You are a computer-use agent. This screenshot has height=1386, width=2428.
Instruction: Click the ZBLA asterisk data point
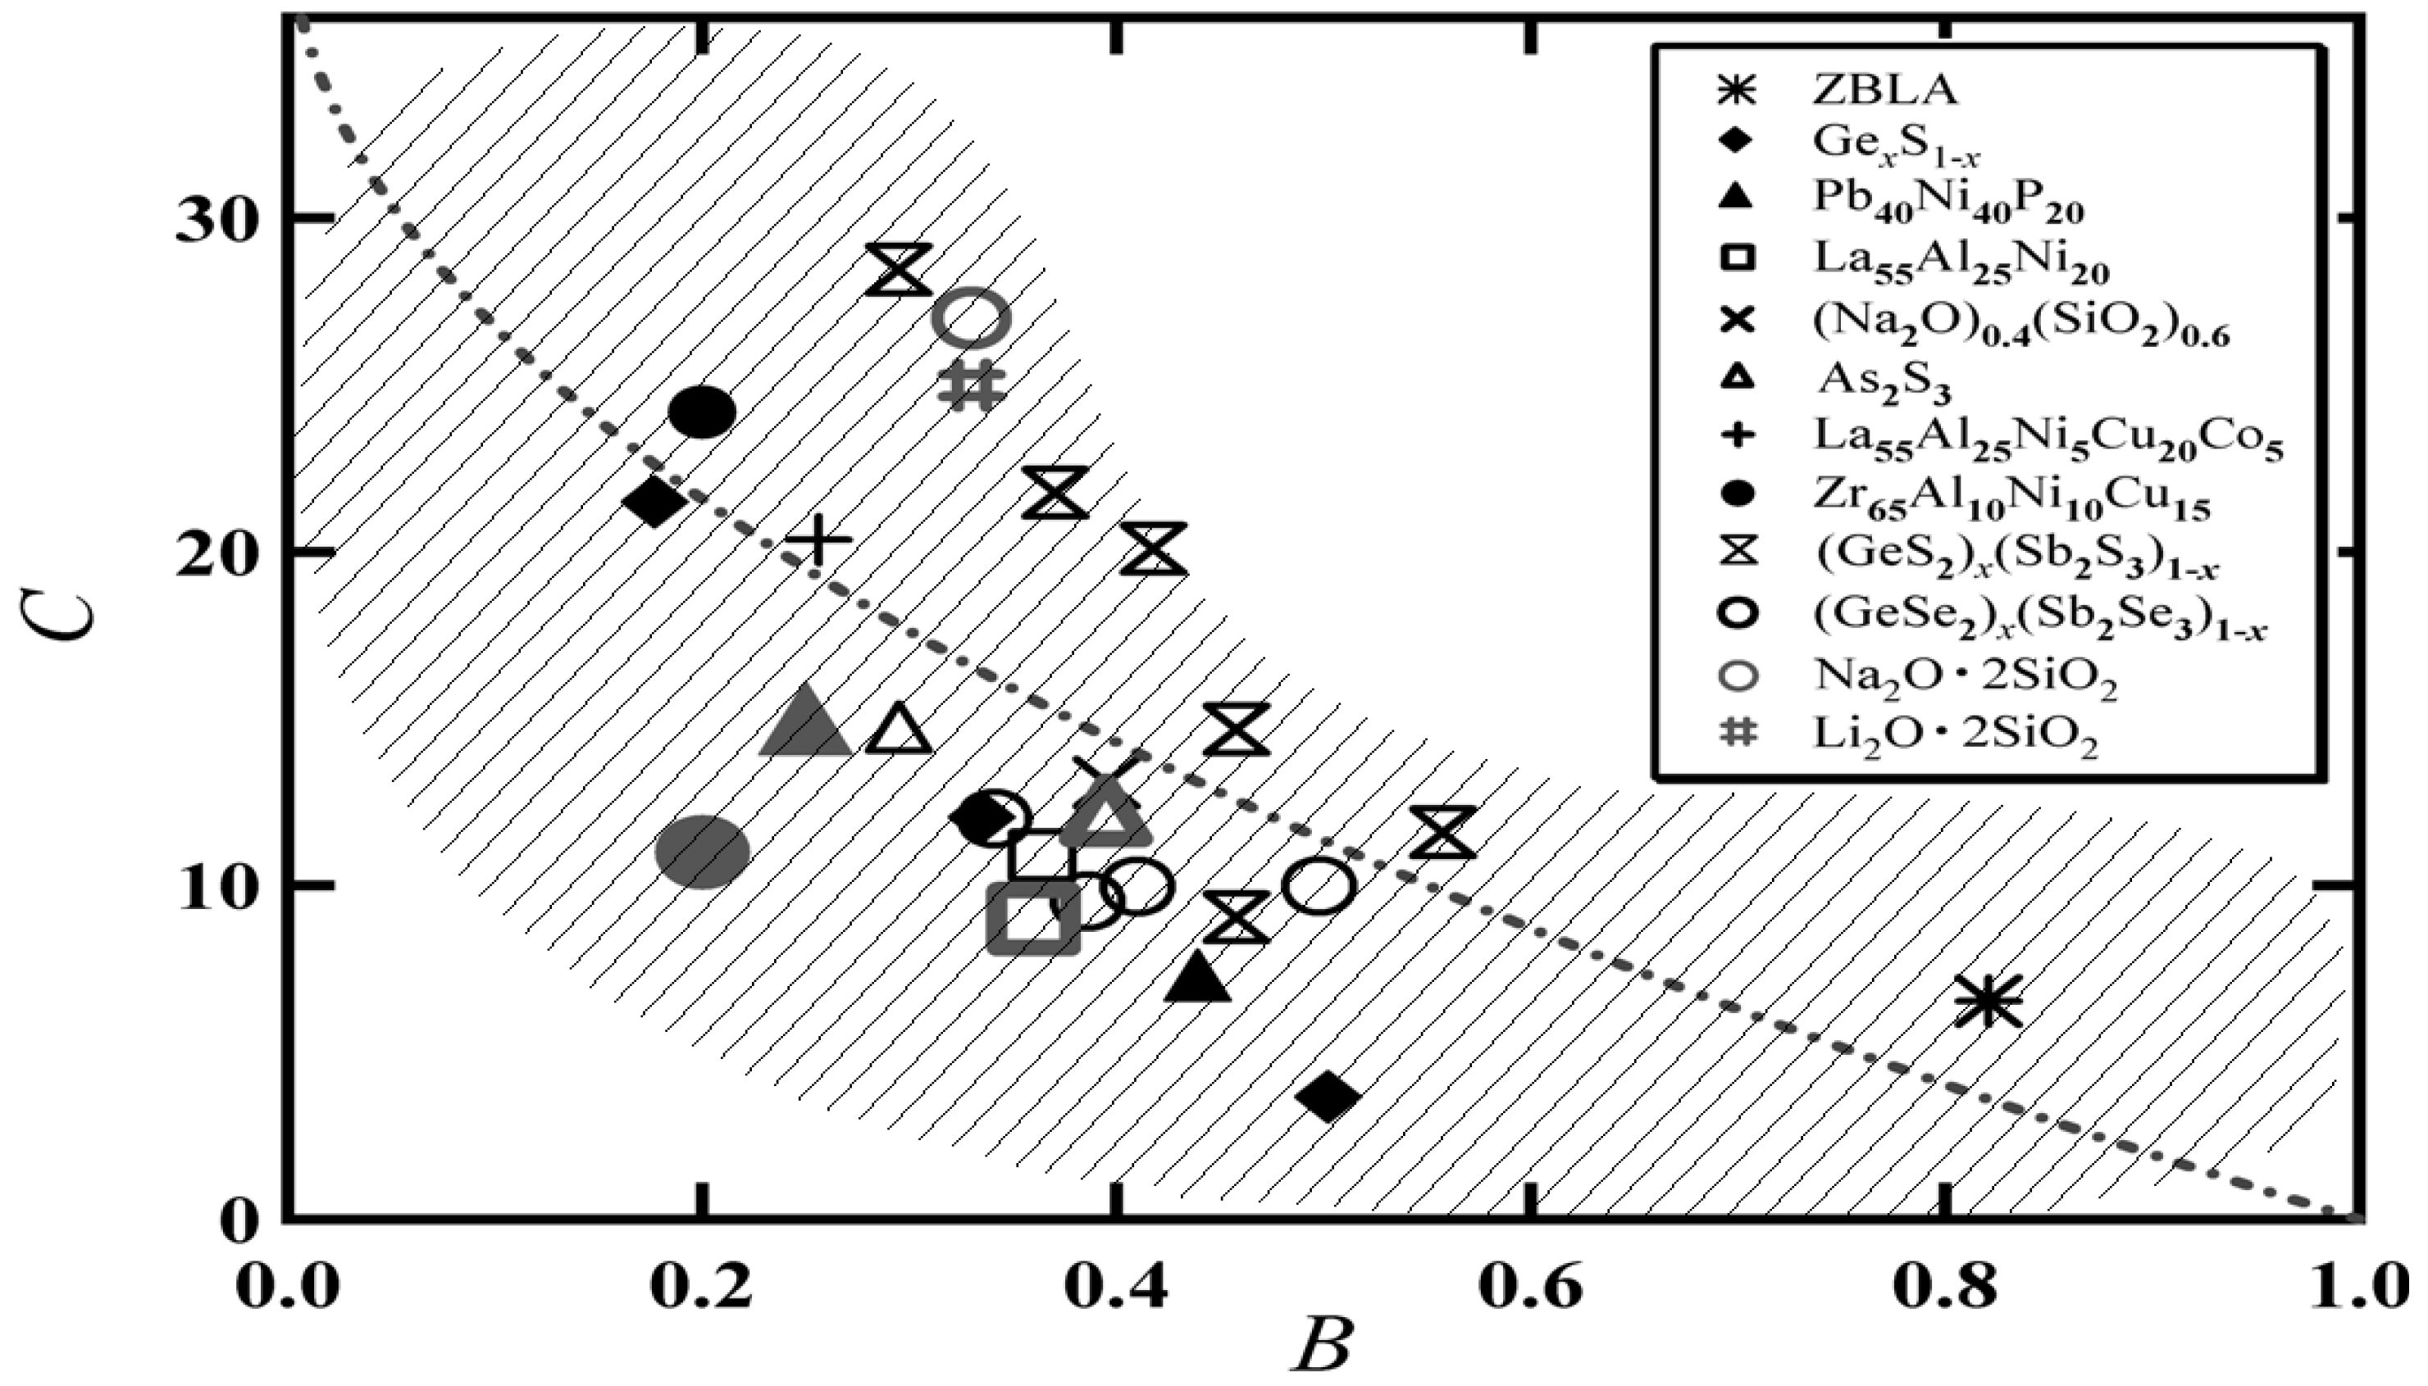(1987, 1002)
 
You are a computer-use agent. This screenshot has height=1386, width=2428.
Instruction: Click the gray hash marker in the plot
(971, 385)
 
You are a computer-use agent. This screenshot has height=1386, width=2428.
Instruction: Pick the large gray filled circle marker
(703, 850)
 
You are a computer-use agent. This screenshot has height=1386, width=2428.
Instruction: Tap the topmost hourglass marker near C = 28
(898, 270)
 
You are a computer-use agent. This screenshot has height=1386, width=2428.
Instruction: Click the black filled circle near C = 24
(703, 411)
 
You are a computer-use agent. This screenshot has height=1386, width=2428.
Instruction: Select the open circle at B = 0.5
(1318, 886)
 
